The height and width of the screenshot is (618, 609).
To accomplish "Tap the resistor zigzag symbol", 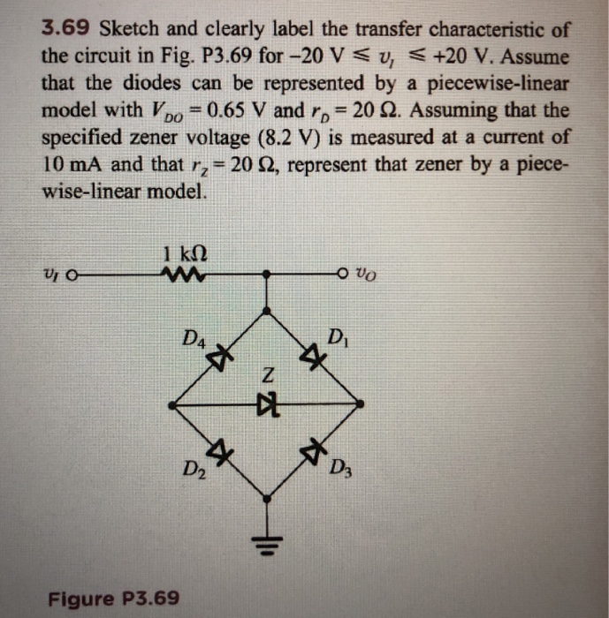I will click(x=184, y=275).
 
